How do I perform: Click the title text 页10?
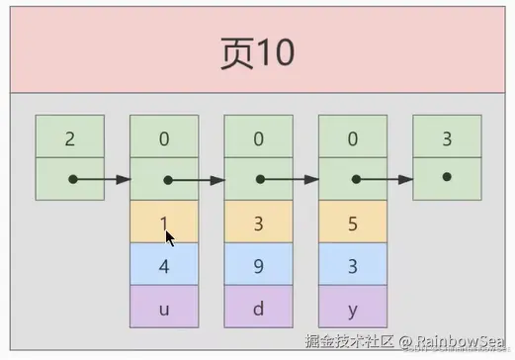pyautogui.click(x=257, y=52)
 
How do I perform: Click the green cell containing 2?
pyautogui.click(x=69, y=137)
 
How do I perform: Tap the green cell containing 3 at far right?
pyautogui.click(x=447, y=137)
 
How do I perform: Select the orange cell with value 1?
pyautogui.click(x=164, y=223)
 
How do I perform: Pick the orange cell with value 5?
pyautogui.click(x=353, y=223)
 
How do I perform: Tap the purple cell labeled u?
pyautogui.click(x=164, y=307)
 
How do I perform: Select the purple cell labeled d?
pyautogui.click(x=258, y=307)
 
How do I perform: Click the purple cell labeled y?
pyautogui.click(x=353, y=307)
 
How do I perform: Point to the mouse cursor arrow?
pyautogui.click(x=170, y=238)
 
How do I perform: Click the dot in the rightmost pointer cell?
pyautogui.click(x=447, y=177)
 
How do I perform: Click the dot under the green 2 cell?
pyautogui.click(x=72, y=180)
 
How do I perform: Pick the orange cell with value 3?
pyautogui.click(x=258, y=223)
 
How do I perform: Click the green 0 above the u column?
pyautogui.click(x=164, y=137)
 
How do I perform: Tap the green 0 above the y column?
pyautogui.click(x=353, y=137)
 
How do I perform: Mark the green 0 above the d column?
pyautogui.click(x=258, y=137)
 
